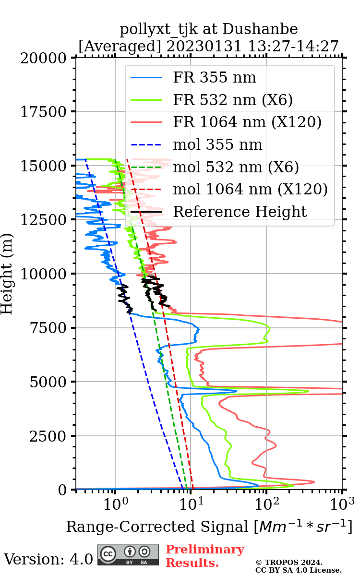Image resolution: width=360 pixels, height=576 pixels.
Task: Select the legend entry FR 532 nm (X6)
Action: [x=233, y=100]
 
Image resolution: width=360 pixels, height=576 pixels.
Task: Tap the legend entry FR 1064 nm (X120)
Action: [x=247, y=122]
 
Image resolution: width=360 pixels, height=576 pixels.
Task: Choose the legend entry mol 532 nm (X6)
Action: [x=236, y=167]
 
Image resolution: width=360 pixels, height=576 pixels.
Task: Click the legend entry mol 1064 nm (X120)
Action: [x=250, y=190]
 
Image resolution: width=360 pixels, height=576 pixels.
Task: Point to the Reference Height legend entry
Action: [x=240, y=212]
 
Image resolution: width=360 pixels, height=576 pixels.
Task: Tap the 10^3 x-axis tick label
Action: [x=342, y=502]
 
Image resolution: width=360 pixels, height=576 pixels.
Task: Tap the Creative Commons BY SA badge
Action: [x=128, y=554]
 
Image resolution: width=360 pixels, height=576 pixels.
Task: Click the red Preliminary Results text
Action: [x=205, y=556]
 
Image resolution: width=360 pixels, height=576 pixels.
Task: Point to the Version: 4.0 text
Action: [x=48, y=559]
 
